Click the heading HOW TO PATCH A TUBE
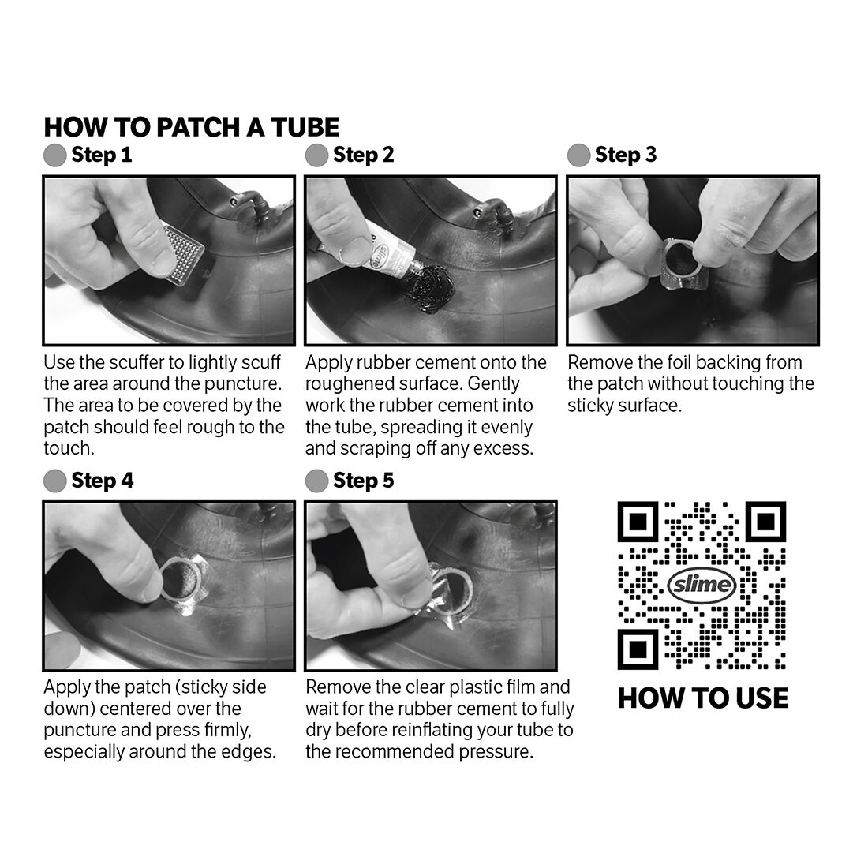click(192, 127)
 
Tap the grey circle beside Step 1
click(54, 155)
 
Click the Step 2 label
click(363, 155)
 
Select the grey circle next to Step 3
click(578, 155)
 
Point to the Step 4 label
click(102, 481)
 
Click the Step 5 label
click(363, 481)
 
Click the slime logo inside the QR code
click(702, 586)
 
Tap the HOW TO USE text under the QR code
click(702, 698)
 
